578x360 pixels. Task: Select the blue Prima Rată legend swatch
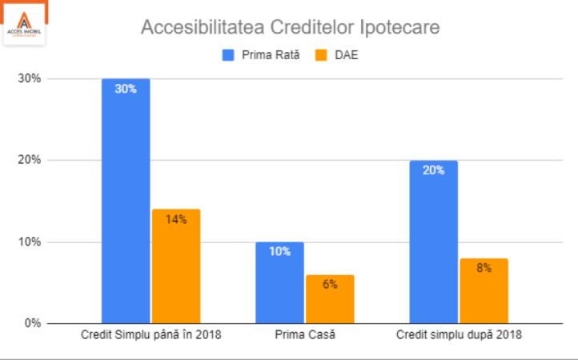click(227, 55)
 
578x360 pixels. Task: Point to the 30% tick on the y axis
click(30, 78)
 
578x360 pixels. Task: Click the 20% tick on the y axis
click(30, 160)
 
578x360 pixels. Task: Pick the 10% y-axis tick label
click(30, 242)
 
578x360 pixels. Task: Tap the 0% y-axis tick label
click(33, 323)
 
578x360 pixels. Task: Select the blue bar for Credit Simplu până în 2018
click(126, 201)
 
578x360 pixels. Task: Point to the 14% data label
click(176, 219)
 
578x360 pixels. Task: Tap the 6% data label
click(330, 285)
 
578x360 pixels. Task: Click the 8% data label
click(484, 269)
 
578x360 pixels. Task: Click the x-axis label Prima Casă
click(304, 335)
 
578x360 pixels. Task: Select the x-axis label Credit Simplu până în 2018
click(151, 335)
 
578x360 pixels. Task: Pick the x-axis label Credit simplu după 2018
click(459, 335)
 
